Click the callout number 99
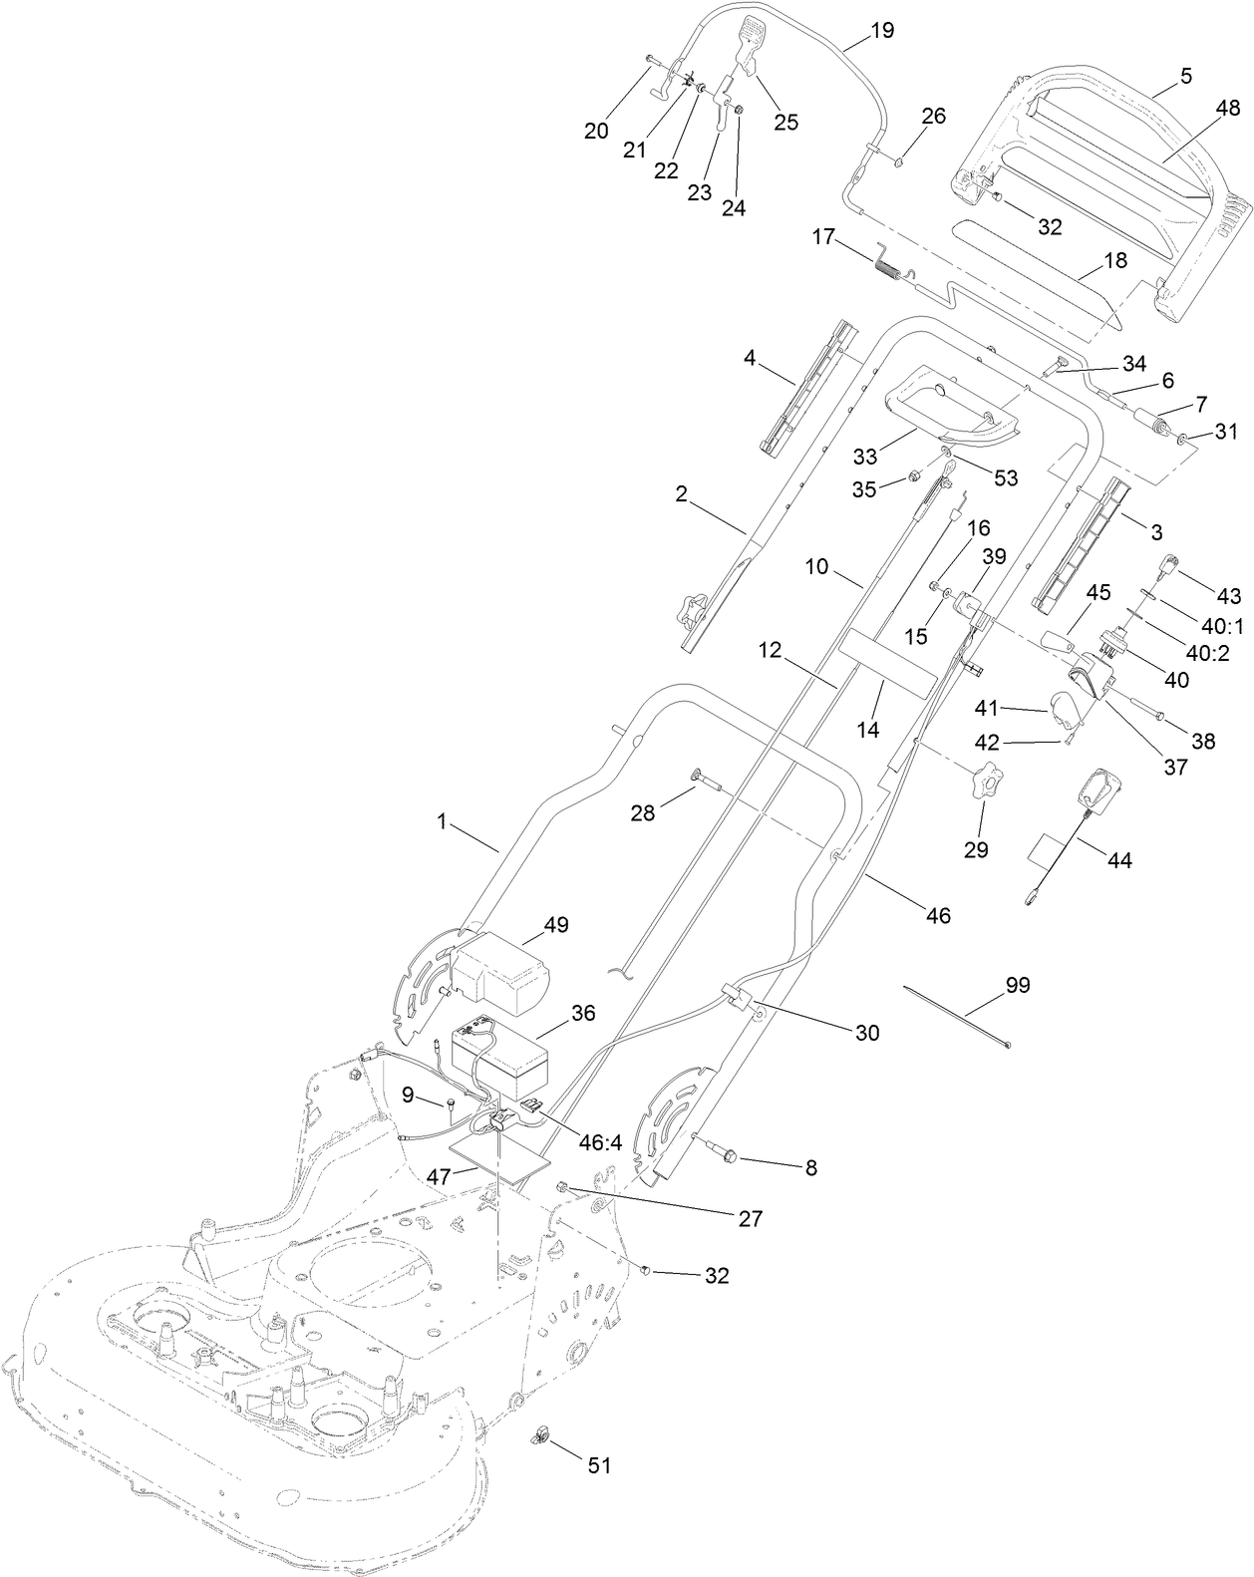point(1017,985)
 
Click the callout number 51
point(598,1465)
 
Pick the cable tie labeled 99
point(957,1015)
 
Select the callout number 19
point(881,30)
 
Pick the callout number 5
point(1185,75)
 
